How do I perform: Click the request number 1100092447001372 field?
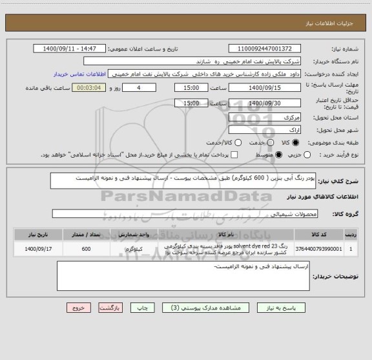pyautogui.click(x=265, y=48)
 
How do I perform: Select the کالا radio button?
pyautogui.click(x=296, y=141)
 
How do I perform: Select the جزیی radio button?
pyautogui.click(x=307, y=155)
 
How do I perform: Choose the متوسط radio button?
pyautogui.click(x=279, y=155)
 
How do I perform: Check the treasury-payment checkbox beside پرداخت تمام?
pyautogui.click(x=235, y=155)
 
